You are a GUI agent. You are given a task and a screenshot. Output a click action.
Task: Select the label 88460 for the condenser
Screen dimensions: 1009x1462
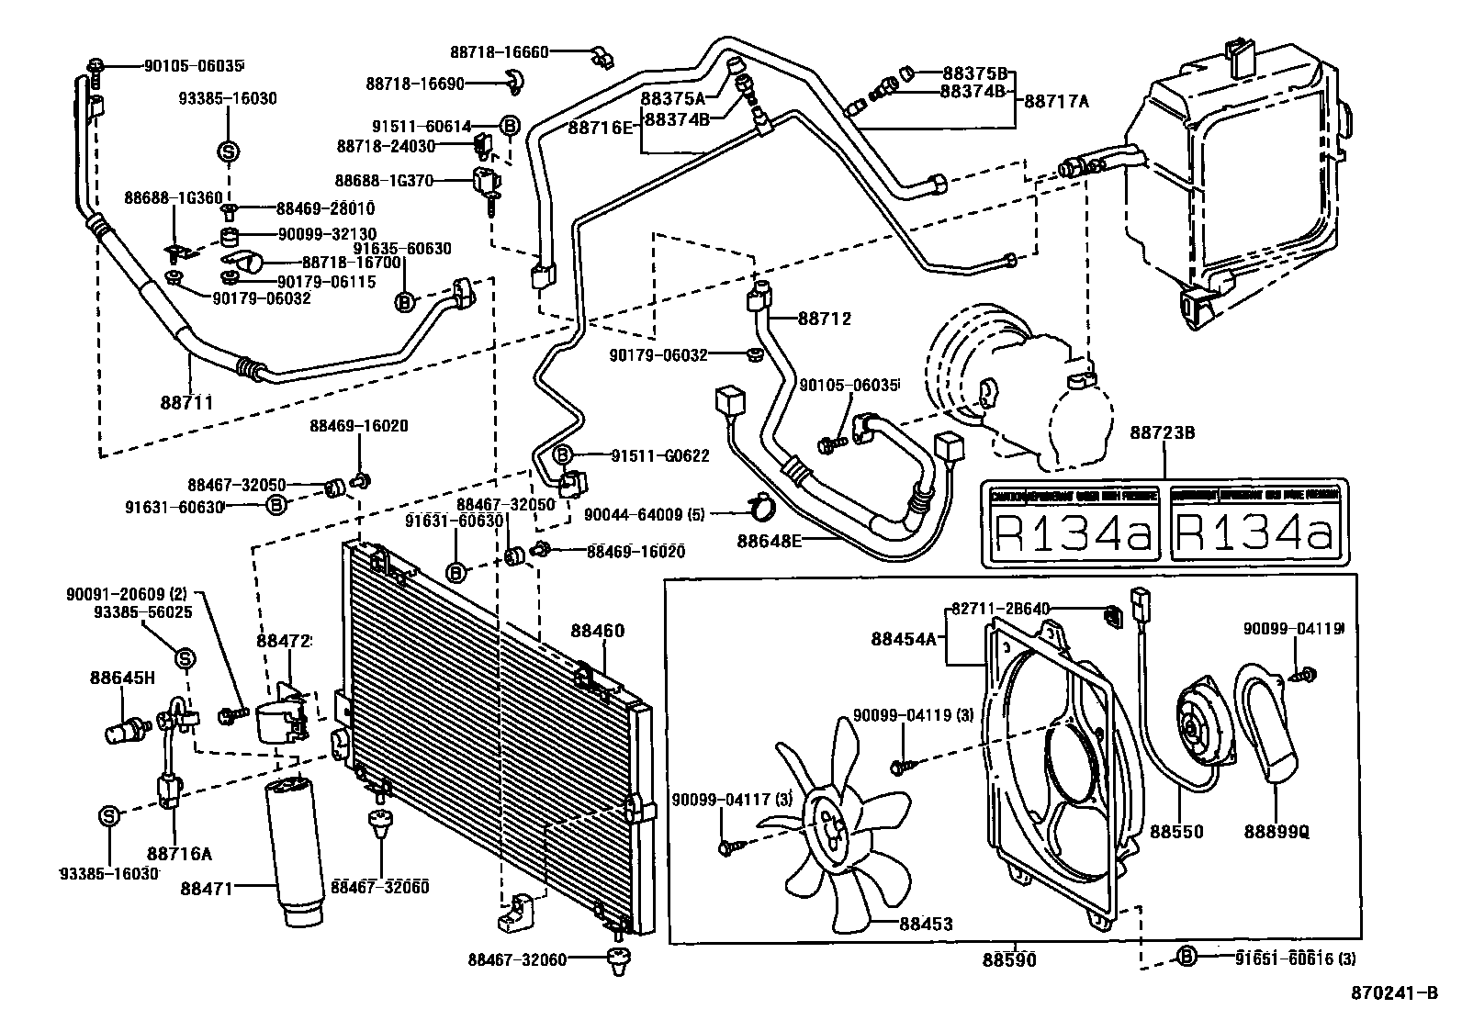597,631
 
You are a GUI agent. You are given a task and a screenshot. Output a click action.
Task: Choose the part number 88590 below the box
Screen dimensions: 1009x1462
1009,960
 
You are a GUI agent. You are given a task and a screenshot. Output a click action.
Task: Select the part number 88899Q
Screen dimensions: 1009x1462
1276,832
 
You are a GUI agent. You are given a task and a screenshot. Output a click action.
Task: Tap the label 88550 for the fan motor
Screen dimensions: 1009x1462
1176,832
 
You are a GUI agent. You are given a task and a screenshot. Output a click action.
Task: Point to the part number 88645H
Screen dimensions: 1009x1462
122,678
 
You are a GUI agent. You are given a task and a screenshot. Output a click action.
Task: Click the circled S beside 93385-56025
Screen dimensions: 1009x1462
185,657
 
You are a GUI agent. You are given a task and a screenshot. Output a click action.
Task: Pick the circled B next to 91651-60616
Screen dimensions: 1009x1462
1186,957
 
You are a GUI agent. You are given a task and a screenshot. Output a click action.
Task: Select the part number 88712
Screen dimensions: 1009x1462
824,319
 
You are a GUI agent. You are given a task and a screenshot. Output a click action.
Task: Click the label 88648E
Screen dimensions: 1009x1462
770,540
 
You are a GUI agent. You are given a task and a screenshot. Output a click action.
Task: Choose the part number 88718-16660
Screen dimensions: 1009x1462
499,52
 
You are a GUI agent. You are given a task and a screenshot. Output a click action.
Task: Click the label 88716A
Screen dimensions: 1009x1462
180,853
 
